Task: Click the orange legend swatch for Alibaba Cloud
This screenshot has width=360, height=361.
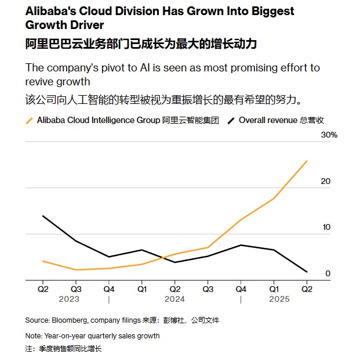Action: pyautogui.click(x=29, y=120)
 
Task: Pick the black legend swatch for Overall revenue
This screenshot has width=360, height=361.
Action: pyautogui.click(x=231, y=120)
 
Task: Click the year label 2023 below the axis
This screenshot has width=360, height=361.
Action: pyautogui.click(x=69, y=299)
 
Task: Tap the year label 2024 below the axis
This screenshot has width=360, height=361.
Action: pyautogui.click(x=174, y=299)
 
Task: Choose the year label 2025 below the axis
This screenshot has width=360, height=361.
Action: pyautogui.click(x=279, y=299)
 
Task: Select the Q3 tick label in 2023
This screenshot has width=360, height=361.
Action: pyautogui.click(x=76, y=288)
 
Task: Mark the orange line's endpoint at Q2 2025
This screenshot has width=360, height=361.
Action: pyautogui.click(x=307, y=161)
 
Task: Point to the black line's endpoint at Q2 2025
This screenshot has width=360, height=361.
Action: pyautogui.click(x=307, y=272)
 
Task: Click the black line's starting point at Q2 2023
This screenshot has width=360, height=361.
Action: pyautogui.click(x=43, y=216)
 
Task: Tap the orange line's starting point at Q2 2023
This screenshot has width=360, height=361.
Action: pyautogui.click(x=43, y=261)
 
